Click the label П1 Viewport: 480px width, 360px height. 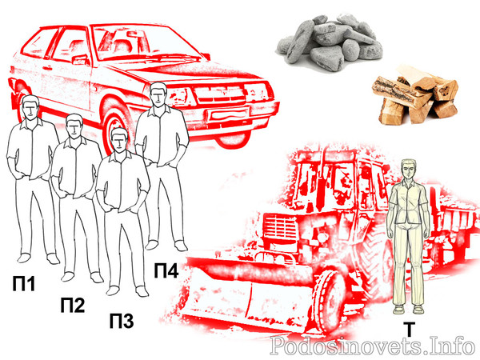[x=24, y=283]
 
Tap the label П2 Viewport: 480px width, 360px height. [x=72, y=305]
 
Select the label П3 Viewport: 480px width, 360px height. [x=122, y=321]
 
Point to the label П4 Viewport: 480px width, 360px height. [x=166, y=270]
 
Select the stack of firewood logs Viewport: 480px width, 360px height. [x=414, y=95]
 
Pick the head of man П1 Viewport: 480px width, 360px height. [x=30, y=107]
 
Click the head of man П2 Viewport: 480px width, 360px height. [x=74, y=127]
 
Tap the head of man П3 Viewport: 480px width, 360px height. [x=119, y=140]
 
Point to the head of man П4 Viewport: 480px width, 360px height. [x=158, y=94]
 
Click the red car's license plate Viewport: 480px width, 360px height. [x=229, y=114]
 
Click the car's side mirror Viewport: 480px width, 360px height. [x=80, y=58]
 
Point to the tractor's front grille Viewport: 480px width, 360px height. [x=279, y=228]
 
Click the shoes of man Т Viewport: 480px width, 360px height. [x=408, y=309]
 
